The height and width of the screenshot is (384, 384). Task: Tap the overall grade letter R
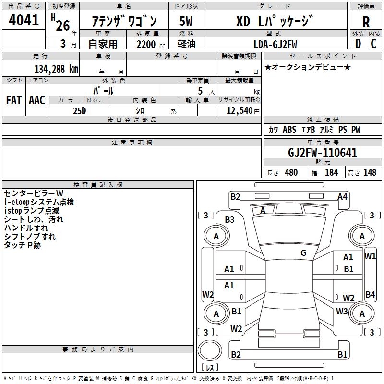tap(366, 22)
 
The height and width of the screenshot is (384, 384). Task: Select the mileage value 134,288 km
tap(56, 69)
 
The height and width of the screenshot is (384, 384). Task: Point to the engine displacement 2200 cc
tap(146, 44)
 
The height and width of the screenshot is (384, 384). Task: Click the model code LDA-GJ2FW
tap(275, 44)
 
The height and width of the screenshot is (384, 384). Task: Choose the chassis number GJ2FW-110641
tap(322, 153)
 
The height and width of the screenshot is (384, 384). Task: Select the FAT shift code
tap(13, 100)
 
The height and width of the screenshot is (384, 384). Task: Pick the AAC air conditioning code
tap(37, 100)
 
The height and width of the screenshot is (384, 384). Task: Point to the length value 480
tap(291, 172)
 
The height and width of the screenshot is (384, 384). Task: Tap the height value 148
tap(370, 172)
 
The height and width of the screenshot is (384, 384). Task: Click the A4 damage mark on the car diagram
tap(342, 196)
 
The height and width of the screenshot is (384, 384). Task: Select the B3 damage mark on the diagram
tap(229, 219)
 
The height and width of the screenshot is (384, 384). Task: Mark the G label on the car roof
tap(303, 253)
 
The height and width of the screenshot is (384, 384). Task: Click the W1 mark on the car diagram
tap(370, 256)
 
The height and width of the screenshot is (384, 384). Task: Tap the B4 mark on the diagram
tap(370, 294)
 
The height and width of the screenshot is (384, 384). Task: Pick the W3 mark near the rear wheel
tap(342, 311)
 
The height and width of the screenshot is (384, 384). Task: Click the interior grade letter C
tap(373, 44)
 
